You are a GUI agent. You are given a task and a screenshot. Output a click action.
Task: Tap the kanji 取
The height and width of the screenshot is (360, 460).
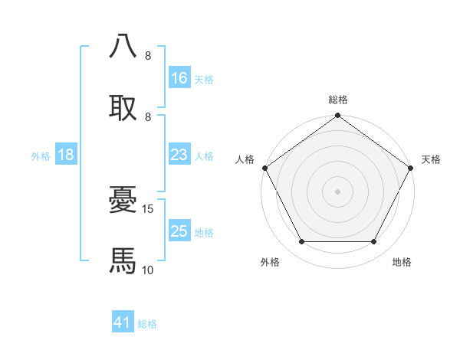point(123,107)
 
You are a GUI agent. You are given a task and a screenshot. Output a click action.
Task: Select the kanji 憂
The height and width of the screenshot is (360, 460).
point(123,201)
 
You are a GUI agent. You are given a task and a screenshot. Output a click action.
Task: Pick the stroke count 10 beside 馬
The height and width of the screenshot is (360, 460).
point(148,270)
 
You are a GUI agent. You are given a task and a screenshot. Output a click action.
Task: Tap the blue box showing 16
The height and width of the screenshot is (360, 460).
point(179,78)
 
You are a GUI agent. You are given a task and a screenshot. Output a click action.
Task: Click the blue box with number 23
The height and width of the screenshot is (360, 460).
point(179,155)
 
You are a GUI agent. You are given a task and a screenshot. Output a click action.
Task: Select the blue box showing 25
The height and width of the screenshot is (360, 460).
point(179,231)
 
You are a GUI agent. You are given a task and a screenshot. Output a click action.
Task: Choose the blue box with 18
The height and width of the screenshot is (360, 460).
point(66,155)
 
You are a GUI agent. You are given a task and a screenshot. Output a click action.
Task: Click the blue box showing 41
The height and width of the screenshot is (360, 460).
point(123,323)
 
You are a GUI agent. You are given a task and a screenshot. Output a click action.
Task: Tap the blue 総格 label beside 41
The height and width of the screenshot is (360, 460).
point(148,324)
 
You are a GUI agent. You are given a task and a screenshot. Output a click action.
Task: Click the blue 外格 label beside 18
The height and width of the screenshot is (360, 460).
point(41,155)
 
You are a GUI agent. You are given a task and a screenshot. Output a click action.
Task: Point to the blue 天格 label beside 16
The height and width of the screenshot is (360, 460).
point(204,79)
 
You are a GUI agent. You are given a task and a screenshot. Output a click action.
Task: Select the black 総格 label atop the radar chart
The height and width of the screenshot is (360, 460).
point(338,100)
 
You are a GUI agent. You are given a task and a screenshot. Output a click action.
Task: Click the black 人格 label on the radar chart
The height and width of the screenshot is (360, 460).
point(245,159)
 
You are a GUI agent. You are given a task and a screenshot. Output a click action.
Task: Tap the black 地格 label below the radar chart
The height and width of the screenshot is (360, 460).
point(402,262)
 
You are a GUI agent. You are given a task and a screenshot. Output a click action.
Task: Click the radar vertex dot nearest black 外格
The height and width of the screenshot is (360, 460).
point(301,242)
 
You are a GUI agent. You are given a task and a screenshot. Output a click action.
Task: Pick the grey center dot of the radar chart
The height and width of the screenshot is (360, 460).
point(338,191)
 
